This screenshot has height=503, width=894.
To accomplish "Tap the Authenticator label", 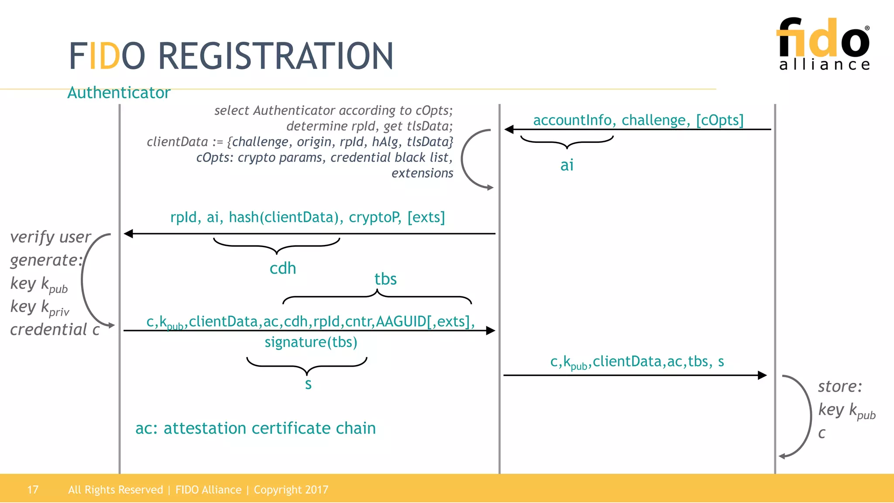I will point(119,93).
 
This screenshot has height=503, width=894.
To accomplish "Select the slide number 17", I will point(33,489).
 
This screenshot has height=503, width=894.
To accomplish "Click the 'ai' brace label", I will point(567,165).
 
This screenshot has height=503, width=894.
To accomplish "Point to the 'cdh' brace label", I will point(282,268).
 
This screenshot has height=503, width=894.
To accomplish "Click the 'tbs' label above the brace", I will point(385,279).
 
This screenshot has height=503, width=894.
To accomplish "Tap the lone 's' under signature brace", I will point(308,384).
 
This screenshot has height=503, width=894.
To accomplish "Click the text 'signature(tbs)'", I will point(311,342).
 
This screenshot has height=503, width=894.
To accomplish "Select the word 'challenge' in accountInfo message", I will point(656,120).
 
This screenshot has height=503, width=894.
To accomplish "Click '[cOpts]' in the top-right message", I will point(719,120).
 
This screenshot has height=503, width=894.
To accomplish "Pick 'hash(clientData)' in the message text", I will point(286,217).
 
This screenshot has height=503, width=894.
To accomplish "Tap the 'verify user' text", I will point(50,237).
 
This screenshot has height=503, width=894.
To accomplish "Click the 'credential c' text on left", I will point(55,330).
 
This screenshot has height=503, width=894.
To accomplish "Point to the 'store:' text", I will point(840,386).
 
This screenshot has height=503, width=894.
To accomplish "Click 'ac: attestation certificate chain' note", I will point(255,428).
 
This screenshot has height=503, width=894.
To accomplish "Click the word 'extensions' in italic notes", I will point(422,173).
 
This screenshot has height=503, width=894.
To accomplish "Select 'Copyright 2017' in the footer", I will point(291,489).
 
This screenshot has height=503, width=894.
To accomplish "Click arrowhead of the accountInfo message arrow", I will point(509,129).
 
